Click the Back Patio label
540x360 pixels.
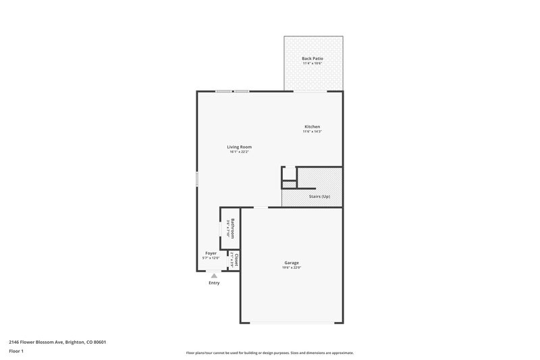[312, 59]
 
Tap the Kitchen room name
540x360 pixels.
[312, 127]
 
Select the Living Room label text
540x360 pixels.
[239, 147]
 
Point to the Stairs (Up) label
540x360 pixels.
[319, 197]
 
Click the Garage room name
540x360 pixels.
[292, 263]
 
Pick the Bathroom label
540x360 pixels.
[232, 227]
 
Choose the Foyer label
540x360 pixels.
[211, 253]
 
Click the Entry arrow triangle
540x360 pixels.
[214, 276]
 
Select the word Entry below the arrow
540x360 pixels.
[214, 283]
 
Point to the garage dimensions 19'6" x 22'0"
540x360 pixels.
[292, 268]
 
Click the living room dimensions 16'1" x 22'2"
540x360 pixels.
[239, 152]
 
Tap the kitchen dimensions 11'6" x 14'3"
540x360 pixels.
[312, 132]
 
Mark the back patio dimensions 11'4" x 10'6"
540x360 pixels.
[312, 63]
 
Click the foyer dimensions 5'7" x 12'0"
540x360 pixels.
[211, 258]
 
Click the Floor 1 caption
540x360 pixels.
[16, 352]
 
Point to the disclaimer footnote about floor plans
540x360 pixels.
[269, 353]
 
